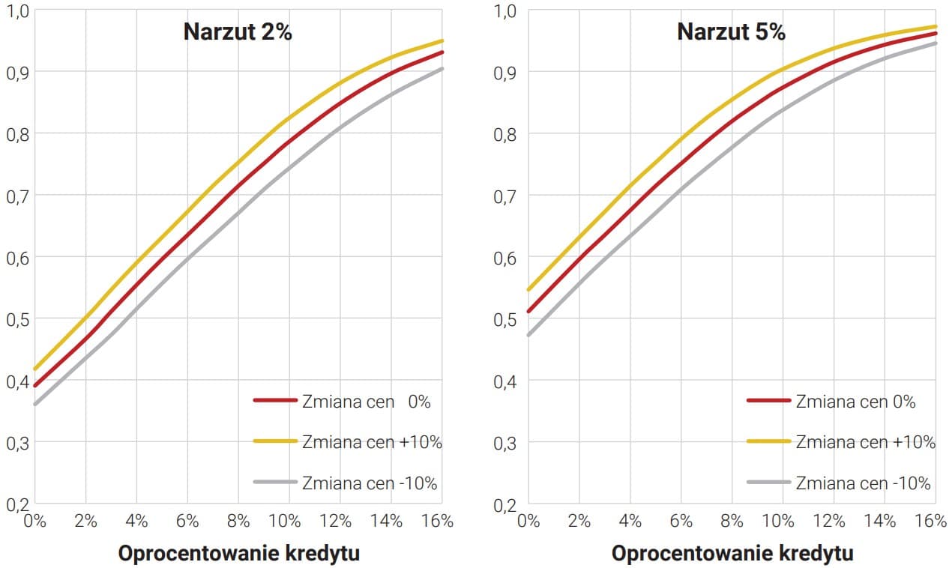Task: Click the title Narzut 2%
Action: coord(238,32)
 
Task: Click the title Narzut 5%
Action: coord(731,32)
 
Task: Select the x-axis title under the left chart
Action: coord(239,554)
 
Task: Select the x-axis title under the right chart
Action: coord(732,554)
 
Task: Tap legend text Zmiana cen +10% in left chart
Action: coord(372,441)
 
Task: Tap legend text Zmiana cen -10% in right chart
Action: coord(863,483)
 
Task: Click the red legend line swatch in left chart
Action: coord(276,401)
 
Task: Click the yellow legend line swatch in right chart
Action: coord(769,441)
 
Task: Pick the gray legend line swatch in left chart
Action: coord(276,483)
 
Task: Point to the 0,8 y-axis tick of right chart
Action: coord(507,135)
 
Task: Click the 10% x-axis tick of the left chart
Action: coord(285,521)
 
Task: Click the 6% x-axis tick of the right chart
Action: coord(680,521)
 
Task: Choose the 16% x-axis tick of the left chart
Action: coord(437,521)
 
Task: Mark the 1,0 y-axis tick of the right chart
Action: coord(507,11)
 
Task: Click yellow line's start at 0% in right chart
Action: coord(528,289)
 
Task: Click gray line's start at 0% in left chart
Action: coord(35,404)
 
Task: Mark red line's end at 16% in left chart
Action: coord(443,52)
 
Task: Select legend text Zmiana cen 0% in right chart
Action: coord(855,401)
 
